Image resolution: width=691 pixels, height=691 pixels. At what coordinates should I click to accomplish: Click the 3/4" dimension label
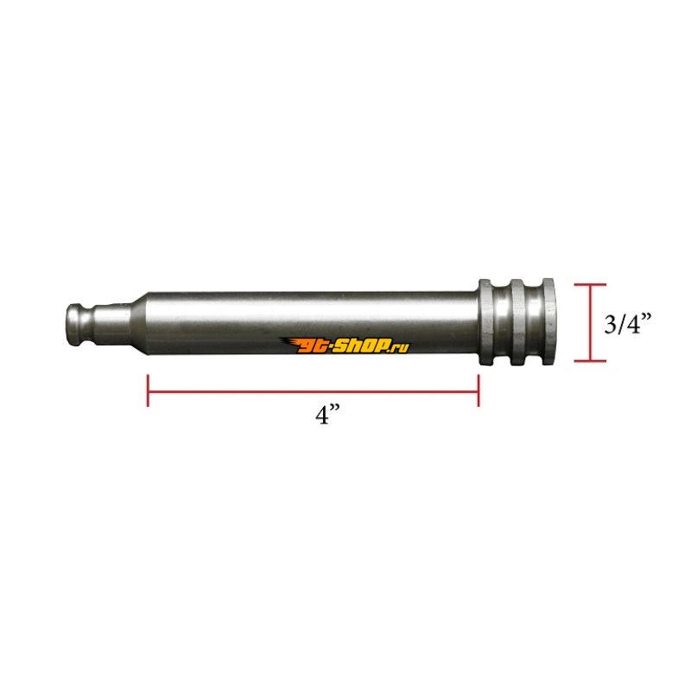[627, 324]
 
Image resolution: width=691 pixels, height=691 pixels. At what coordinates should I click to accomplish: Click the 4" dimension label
[327, 415]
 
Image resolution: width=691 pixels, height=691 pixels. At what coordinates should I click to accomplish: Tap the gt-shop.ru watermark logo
[344, 345]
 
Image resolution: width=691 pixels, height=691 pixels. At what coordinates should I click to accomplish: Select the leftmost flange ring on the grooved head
[485, 322]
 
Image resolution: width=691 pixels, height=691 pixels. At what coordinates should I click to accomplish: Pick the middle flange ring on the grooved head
[517, 322]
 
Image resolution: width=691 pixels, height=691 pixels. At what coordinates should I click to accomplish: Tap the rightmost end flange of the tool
[548, 322]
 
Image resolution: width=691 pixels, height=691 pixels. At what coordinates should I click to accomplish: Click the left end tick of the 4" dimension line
[148, 390]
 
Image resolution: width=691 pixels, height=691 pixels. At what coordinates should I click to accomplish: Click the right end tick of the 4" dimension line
[479, 390]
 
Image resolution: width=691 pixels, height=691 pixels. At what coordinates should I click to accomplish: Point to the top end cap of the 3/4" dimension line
[590, 285]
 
